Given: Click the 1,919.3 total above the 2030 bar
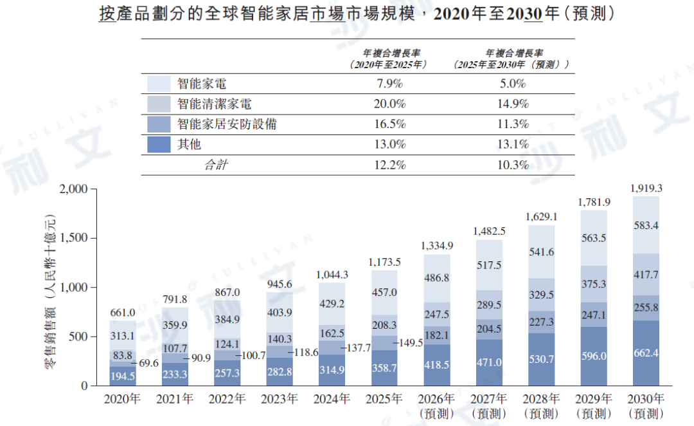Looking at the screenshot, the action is click(x=646, y=189).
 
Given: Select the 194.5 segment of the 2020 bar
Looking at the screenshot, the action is click(x=123, y=376).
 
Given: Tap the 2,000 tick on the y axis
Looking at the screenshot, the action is click(x=73, y=189).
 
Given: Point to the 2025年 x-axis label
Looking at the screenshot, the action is click(x=384, y=399).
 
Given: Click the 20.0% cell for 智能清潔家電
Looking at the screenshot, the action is click(x=389, y=104).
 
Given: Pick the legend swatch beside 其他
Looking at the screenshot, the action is click(x=159, y=145).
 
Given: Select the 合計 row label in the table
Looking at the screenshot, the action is click(x=215, y=165).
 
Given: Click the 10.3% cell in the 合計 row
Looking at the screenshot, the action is click(x=513, y=165).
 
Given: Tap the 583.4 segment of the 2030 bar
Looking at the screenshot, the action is click(x=646, y=225).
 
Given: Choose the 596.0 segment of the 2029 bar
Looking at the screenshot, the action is click(x=594, y=356).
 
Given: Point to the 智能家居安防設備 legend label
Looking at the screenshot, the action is click(x=227, y=124).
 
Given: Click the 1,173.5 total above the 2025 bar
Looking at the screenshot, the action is click(x=384, y=262).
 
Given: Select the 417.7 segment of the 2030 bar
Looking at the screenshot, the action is click(x=646, y=275).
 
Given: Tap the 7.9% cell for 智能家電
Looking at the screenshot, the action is click(x=389, y=84).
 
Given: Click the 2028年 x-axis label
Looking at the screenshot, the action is click(x=541, y=399).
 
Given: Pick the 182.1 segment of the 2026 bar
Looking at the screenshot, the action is click(x=437, y=335).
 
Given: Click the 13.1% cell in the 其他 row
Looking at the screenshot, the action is click(x=513, y=145).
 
